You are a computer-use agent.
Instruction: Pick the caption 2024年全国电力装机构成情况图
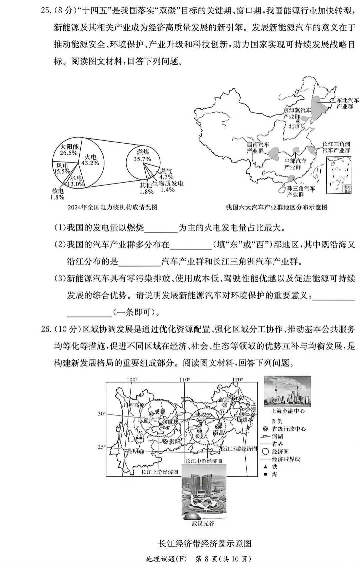tap(112, 207)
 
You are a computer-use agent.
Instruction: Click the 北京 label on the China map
tap(295, 126)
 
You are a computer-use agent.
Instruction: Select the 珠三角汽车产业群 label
tap(301, 192)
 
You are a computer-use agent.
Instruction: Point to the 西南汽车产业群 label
tap(258, 148)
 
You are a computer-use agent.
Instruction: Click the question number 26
tap(45, 329)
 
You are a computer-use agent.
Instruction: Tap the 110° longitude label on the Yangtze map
tap(185, 379)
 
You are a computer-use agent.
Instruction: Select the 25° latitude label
tap(101, 447)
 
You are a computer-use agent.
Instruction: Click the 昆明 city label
tap(132, 451)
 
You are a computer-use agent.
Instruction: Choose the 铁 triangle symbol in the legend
tap(265, 467)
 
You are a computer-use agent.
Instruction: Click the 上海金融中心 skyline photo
tap(287, 391)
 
